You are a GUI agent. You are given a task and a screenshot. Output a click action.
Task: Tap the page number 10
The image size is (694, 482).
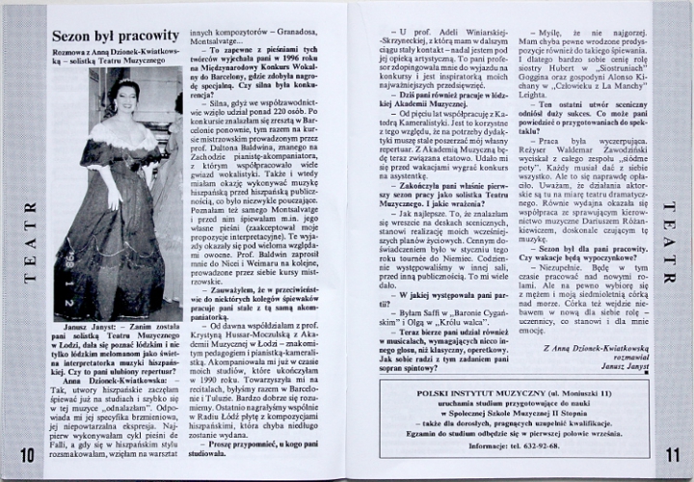[26, 454]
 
